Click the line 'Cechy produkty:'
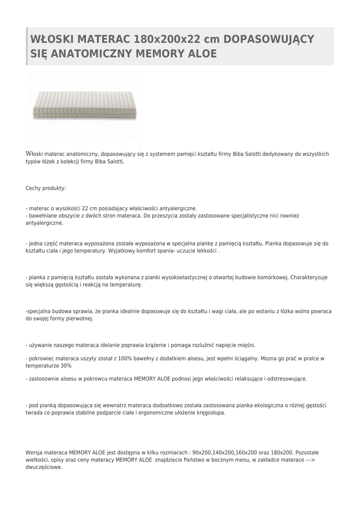click(x=46, y=189)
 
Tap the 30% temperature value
click(x=66, y=366)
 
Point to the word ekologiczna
click(x=268, y=405)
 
